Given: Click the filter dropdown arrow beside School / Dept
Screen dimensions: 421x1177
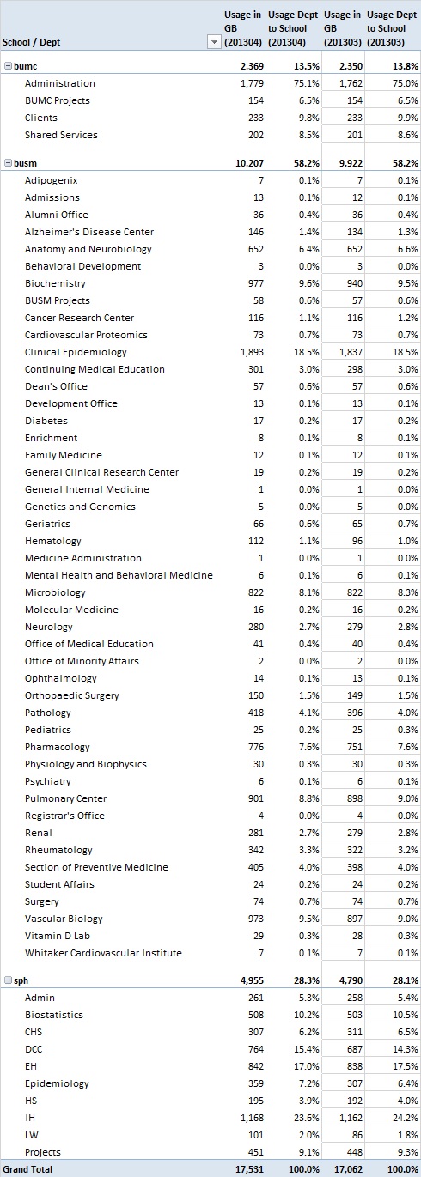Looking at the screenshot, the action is point(214,42).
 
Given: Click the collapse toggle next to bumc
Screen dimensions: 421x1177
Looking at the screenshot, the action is point(8,66).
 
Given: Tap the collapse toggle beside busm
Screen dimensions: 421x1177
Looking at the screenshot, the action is point(8,163).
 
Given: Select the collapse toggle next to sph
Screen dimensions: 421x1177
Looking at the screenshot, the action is point(8,980).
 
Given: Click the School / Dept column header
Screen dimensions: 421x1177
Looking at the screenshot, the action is point(32,42).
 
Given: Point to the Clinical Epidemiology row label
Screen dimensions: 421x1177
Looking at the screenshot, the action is point(76,352).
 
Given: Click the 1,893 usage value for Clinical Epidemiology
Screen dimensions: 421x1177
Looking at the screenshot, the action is point(253,352).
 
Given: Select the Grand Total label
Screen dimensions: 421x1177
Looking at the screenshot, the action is point(27,1169).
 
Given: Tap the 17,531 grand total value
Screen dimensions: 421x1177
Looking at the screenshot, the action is point(249,1169).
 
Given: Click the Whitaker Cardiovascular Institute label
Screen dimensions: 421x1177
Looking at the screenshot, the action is point(103,953).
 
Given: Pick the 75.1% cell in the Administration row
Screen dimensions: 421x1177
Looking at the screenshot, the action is point(307,83).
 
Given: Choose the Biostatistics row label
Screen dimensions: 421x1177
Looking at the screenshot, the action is point(53,1015).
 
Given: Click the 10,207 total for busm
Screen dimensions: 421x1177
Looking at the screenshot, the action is point(249,163).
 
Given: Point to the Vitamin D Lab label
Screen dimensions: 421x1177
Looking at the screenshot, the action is point(58,936).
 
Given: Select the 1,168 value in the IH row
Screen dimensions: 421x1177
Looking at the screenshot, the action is point(253,1118).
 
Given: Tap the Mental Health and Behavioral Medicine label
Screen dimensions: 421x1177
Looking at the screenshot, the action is point(119,575).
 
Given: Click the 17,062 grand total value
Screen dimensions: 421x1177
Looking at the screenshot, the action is point(349,1169).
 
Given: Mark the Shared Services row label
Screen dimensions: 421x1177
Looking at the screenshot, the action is point(61,135).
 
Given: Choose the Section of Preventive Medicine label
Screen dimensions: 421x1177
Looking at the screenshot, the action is point(96,867).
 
